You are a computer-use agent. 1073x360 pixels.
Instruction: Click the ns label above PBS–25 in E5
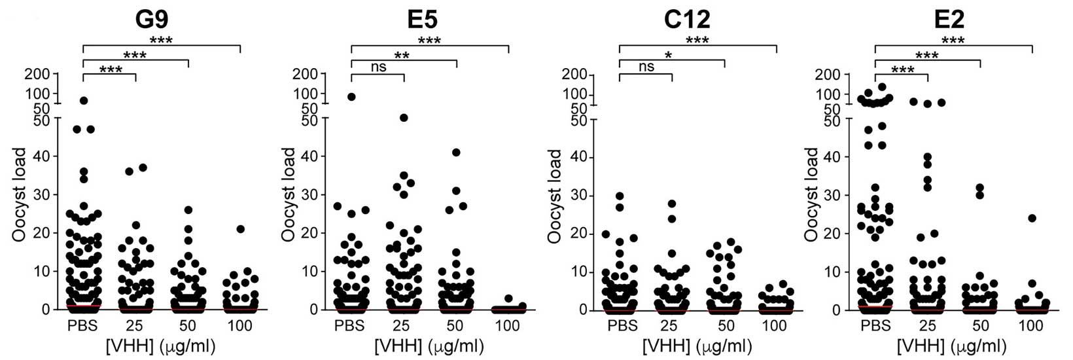(x=378, y=67)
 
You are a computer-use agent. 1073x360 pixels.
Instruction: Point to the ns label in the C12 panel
(x=646, y=67)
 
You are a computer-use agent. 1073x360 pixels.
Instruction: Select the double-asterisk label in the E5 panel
(x=403, y=55)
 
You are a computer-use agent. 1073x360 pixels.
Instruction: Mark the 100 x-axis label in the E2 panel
(x=1032, y=325)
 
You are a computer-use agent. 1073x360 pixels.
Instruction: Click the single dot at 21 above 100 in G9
(x=240, y=229)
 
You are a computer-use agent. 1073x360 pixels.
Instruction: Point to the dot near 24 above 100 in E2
(x=1032, y=218)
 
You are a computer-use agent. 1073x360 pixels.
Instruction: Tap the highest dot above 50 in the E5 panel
(x=456, y=153)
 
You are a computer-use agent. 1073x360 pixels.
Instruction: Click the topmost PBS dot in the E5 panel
(x=351, y=97)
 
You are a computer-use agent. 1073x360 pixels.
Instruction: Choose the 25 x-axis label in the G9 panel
(x=135, y=325)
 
